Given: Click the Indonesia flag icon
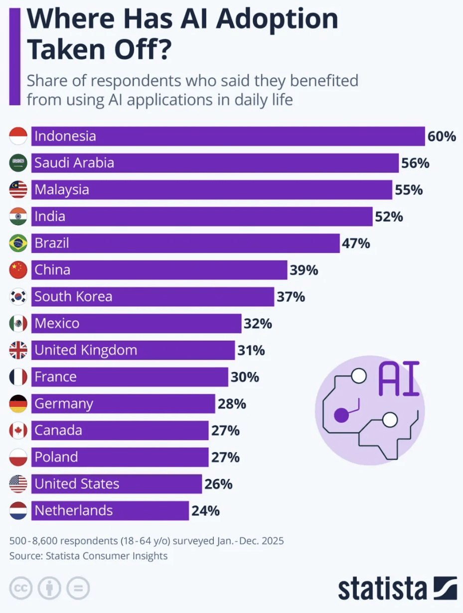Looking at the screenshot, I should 18,136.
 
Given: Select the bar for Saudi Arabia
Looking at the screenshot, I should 214,163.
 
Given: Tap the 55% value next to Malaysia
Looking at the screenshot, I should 409,190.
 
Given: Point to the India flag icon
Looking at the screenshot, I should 18,217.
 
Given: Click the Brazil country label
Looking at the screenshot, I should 51,244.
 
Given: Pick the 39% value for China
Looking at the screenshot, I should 304,270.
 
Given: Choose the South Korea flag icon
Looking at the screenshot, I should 18,297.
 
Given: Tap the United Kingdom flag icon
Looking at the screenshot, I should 18,351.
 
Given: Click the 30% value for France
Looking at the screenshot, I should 245,377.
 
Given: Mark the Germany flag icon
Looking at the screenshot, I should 18,404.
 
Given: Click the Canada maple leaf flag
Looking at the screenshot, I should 18,431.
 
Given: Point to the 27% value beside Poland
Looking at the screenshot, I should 225,457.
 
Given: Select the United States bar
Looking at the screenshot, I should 117,484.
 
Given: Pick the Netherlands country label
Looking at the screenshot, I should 73,510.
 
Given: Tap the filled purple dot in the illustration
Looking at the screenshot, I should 341,414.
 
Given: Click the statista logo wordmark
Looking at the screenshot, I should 383,589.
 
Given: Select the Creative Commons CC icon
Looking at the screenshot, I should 20,589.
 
